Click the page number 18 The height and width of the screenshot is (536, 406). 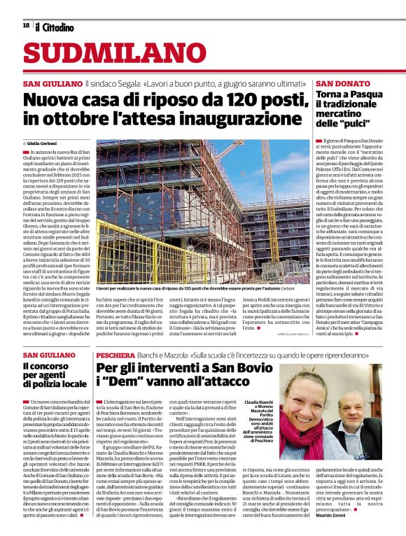click(26, 26)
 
